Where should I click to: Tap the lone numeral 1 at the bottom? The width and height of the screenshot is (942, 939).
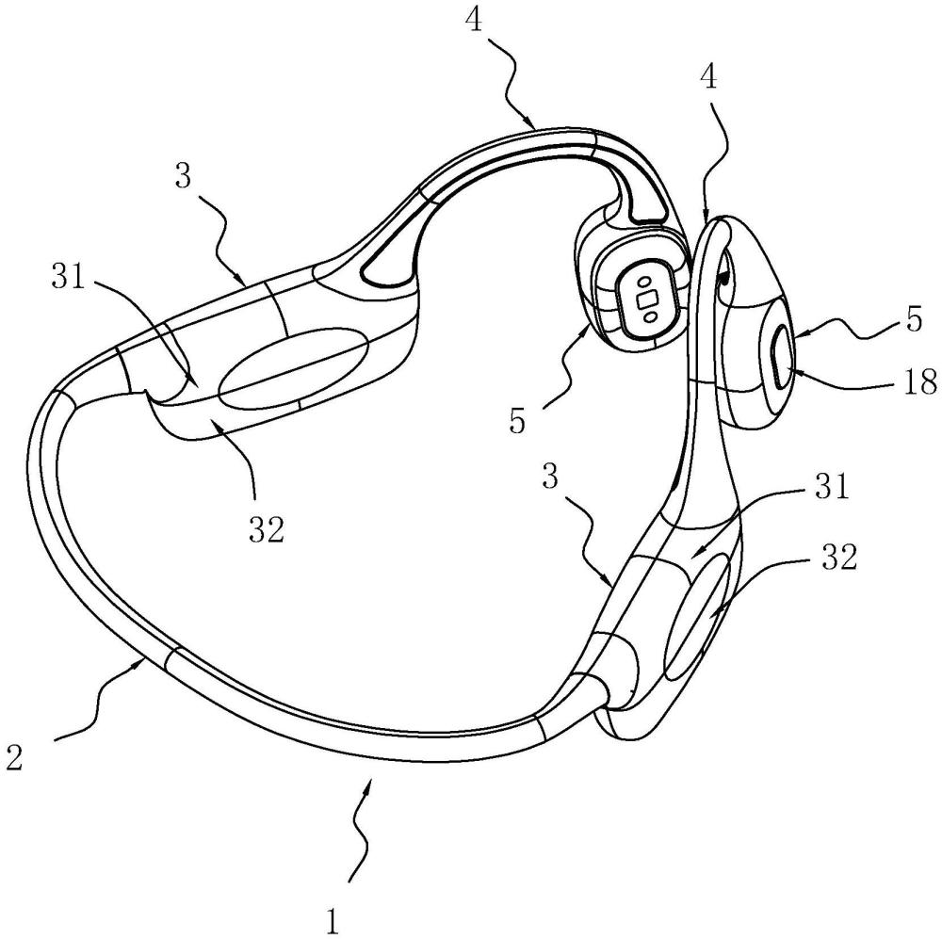[333, 921]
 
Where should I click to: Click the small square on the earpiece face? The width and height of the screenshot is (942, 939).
[648, 299]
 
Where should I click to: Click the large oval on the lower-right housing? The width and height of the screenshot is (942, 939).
[698, 615]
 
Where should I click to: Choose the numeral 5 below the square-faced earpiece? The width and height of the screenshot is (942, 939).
[516, 421]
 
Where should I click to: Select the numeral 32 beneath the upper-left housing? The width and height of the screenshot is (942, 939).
[267, 529]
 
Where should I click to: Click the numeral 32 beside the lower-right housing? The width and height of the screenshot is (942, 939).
[837, 558]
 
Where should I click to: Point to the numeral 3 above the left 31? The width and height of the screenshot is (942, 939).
[184, 179]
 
